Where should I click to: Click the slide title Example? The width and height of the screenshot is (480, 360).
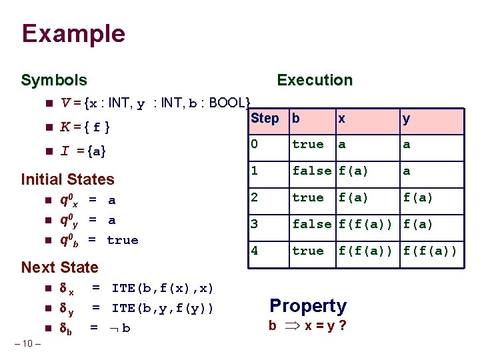click(73, 33)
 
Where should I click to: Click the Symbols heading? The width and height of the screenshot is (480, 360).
click(54, 81)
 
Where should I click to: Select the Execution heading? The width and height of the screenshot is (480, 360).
click(315, 81)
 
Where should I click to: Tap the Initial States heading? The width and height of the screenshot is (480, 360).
click(68, 179)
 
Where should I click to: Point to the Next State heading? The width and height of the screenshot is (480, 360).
click(59, 267)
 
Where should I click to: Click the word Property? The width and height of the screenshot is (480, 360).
click(308, 306)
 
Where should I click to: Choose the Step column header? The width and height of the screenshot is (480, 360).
click(265, 119)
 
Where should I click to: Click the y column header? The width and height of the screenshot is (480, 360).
click(406, 119)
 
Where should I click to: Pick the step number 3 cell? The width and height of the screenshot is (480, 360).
click(254, 224)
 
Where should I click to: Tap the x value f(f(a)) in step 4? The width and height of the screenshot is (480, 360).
click(367, 251)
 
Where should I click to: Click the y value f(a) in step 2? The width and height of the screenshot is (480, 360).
click(418, 197)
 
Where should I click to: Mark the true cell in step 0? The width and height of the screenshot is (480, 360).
click(308, 144)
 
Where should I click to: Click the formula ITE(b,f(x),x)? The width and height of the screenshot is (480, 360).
click(163, 288)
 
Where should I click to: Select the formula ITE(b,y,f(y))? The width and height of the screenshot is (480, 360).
click(163, 307)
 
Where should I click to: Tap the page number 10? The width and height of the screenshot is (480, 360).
click(27, 343)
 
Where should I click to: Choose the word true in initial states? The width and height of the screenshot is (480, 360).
click(123, 240)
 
